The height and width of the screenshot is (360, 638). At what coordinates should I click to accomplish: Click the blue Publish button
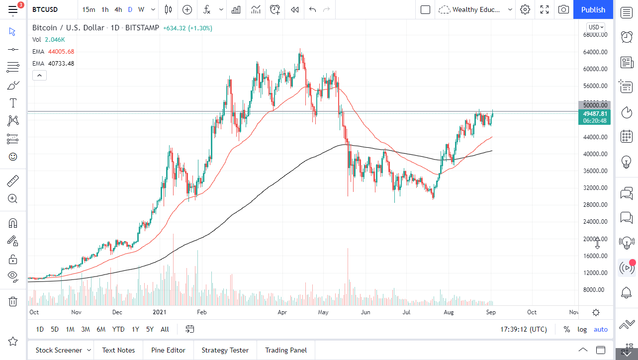pyautogui.click(x=593, y=9)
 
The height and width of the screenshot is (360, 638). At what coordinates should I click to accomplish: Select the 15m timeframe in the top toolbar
pyautogui.click(x=89, y=9)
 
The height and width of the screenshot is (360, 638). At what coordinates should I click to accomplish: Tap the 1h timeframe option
pyautogui.click(x=105, y=9)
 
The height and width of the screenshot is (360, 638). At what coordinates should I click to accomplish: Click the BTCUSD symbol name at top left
pyautogui.click(x=45, y=9)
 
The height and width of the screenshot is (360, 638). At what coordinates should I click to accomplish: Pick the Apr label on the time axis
pyautogui.click(x=282, y=312)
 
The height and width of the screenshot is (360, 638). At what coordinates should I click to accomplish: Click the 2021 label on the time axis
pyautogui.click(x=160, y=312)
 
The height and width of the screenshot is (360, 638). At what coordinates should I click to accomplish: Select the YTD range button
pyautogui.click(x=118, y=329)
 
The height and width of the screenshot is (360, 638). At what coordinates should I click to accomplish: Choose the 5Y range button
pyautogui.click(x=150, y=329)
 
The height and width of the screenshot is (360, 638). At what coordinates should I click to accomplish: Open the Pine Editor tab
pyautogui.click(x=168, y=350)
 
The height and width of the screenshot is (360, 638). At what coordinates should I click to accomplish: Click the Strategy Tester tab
pyautogui.click(x=225, y=350)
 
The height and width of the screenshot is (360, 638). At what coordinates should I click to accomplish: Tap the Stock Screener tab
pyautogui.click(x=58, y=350)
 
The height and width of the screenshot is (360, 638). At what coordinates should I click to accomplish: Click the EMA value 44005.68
pyautogui.click(x=61, y=51)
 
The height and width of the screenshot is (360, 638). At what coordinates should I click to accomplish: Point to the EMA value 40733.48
pyautogui.click(x=61, y=63)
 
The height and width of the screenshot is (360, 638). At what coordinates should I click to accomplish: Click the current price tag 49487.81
pyautogui.click(x=594, y=113)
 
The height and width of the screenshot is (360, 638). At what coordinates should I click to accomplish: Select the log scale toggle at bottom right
pyautogui.click(x=582, y=329)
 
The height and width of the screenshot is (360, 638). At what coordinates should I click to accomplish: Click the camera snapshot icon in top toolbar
pyautogui.click(x=563, y=9)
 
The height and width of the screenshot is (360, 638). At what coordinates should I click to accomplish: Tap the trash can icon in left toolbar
pyautogui.click(x=13, y=301)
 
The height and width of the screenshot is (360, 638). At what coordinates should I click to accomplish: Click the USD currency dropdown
pyautogui.click(x=595, y=27)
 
